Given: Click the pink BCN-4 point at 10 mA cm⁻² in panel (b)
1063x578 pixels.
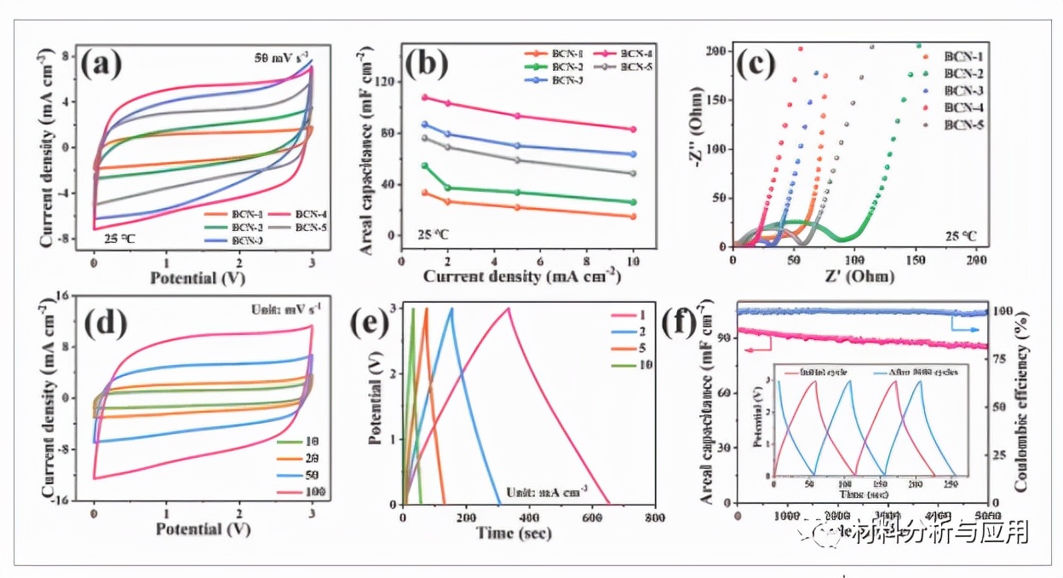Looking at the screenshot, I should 632,130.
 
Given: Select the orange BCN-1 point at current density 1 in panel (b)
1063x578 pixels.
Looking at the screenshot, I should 424,193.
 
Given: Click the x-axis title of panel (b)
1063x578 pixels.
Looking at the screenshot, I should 520,277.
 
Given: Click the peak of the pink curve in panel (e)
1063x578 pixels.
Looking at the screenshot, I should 509,309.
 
